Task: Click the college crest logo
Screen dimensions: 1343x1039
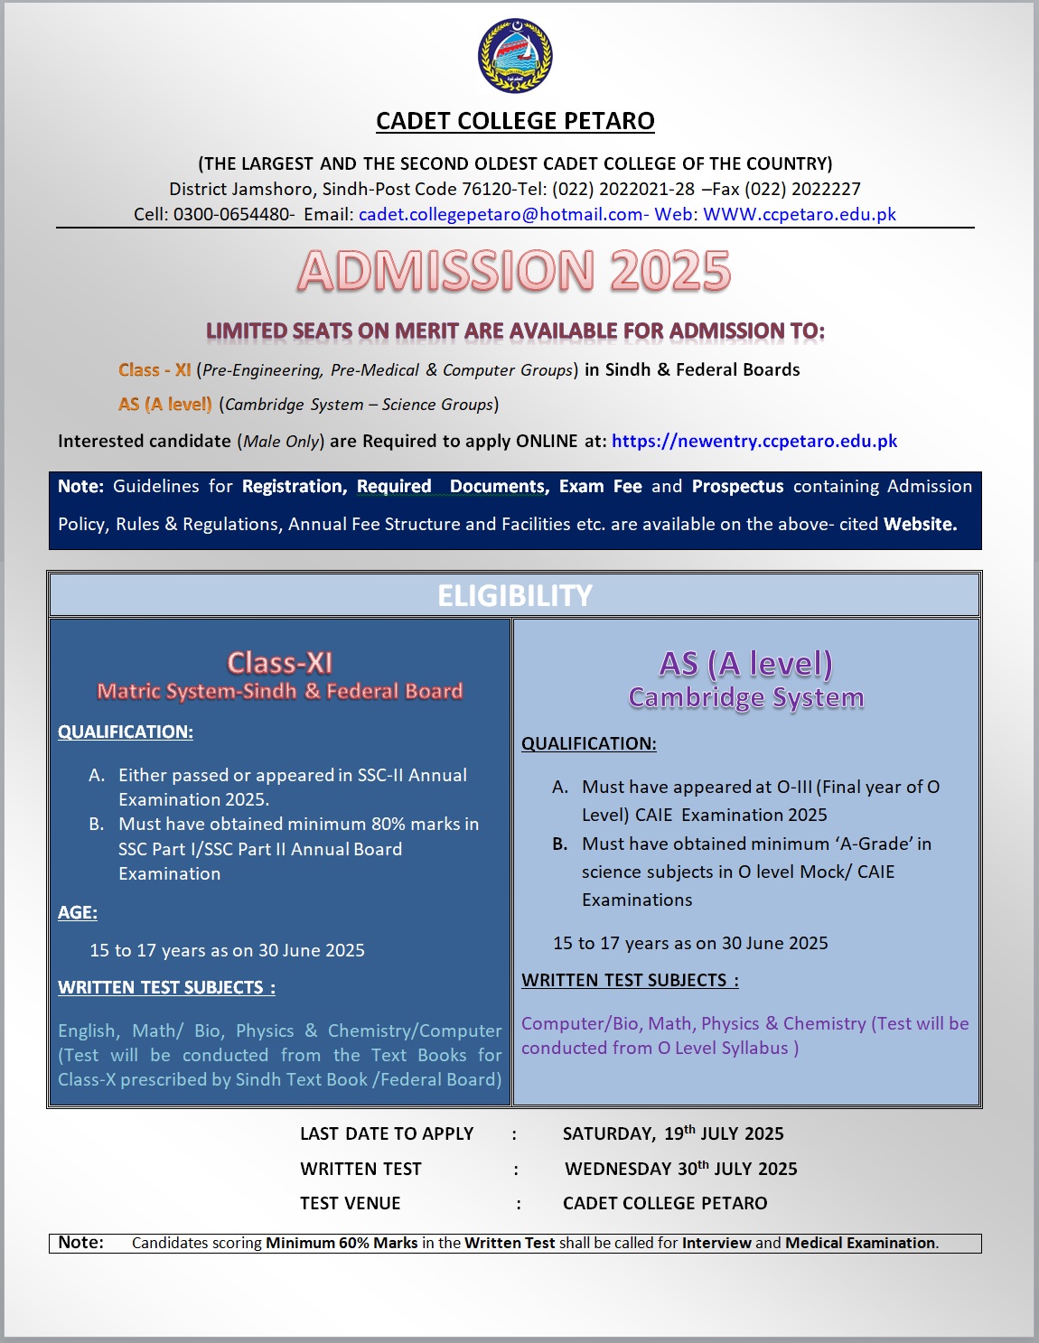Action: pos(515,56)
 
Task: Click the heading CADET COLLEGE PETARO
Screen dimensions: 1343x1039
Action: pos(515,121)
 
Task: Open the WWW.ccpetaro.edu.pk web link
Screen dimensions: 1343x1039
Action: pos(800,214)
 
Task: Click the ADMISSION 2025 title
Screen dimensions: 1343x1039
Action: pos(514,271)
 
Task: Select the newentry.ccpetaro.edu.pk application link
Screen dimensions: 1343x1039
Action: pos(754,441)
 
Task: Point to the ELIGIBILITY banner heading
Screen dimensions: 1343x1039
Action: pos(515,596)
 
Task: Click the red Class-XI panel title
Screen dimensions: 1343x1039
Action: pos(280,663)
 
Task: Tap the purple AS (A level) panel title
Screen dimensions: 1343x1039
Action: pos(746,664)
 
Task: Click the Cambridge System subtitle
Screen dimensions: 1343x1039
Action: pos(746,697)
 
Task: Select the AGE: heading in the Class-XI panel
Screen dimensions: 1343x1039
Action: pos(78,912)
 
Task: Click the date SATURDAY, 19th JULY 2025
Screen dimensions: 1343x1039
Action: pos(673,1133)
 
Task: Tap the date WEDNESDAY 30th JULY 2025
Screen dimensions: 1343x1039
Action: pos(681,1169)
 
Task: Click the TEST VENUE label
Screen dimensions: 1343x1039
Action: pos(351,1203)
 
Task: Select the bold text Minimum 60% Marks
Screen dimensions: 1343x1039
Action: pos(342,1243)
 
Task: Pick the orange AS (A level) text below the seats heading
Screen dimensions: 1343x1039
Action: pos(165,405)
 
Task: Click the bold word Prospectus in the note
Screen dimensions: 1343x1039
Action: pos(737,486)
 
